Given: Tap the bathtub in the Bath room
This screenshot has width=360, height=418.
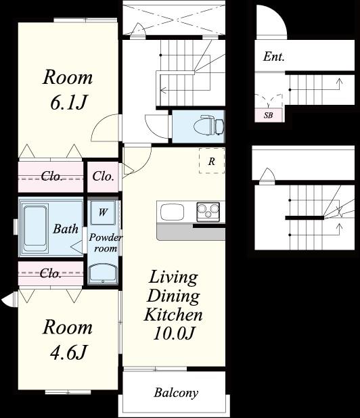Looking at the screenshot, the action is coord(35,228).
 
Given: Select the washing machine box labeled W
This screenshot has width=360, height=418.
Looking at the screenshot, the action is coord(103,212).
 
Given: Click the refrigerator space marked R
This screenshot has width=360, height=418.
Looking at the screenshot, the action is coord(212,161).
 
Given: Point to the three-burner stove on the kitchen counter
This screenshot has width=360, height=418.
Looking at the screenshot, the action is coord(208,212).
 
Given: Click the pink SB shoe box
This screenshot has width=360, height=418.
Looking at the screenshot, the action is coord(268,116).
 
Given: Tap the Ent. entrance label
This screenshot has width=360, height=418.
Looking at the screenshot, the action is coord(273,57).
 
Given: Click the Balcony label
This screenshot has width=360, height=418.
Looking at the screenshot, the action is coord(176,393).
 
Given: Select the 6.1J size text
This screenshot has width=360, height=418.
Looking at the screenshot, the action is coord(68,102).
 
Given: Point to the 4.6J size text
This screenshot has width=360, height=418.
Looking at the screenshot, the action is coord(68,352).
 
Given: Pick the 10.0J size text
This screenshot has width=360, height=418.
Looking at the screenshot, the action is coord(173,333).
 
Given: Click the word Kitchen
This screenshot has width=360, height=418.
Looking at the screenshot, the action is coord(173,315).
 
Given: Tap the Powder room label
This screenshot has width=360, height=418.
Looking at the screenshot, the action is coord(106,243).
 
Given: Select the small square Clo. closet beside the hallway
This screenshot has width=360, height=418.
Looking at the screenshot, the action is coord(103,177).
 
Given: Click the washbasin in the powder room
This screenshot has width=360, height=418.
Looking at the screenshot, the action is coord(103,274).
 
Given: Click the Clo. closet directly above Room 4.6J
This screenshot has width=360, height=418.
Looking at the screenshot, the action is coord(51,273).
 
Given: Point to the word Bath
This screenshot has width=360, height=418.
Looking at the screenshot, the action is coord(66,229).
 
